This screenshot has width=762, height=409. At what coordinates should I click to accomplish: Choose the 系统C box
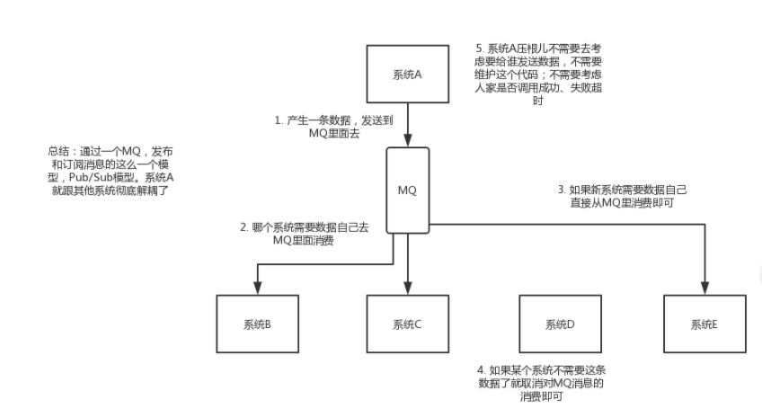(x=408, y=323)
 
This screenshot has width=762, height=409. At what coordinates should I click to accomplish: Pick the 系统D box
(x=559, y=323)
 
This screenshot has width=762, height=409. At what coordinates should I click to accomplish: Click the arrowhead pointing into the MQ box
(x=409, y=140)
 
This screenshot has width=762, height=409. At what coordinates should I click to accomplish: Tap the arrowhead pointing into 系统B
(x=258, y=288)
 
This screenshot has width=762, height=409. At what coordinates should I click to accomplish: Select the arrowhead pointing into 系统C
(x=409, y=288)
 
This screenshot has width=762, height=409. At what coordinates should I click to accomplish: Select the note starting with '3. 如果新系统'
(x=622, y=197)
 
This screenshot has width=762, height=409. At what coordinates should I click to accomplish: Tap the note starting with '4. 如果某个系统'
(x=542, y=383)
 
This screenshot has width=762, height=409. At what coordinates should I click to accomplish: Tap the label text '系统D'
(x=559, y=324)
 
